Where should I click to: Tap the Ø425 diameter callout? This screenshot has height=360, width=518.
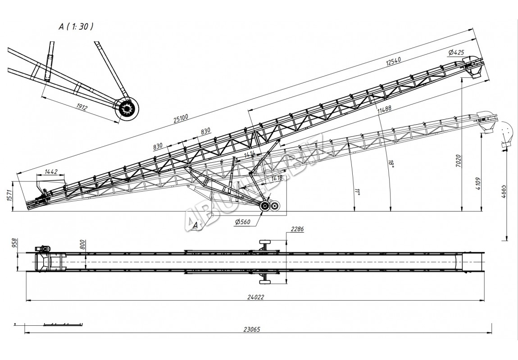(456, 53)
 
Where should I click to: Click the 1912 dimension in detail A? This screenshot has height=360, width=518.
(82, 107)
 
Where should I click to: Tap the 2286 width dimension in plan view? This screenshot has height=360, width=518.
(297, 229)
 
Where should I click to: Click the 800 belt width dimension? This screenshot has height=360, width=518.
(82, 246)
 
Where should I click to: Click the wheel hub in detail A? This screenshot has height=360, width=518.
(127, 109)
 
